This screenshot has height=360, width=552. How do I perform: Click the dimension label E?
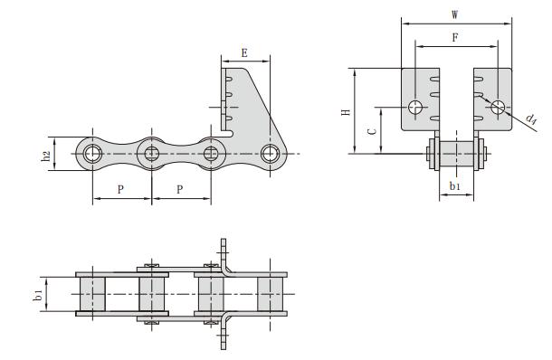244,53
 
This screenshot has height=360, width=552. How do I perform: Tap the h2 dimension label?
46,156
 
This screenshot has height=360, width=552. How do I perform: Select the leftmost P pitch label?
120,189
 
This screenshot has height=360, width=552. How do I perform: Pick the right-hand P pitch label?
179,189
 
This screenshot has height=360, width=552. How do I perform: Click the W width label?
455,14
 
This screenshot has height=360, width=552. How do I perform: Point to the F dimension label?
455,37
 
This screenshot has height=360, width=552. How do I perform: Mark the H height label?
346,112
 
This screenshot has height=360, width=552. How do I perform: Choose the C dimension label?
372,132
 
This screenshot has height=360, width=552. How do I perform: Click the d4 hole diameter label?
531,118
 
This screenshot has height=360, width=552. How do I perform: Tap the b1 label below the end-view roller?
455,185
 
